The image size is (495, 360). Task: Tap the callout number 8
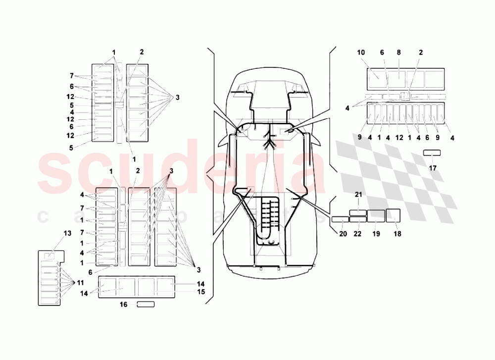click(x=398, y=52)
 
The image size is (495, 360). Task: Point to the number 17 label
click(x=433, y=168)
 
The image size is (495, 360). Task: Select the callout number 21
click(x=358, y=195)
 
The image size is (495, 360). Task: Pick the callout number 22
click(x=358, y=234)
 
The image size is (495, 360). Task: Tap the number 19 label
click(x=376, y=234)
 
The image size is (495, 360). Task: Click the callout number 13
click(x=67, y=233)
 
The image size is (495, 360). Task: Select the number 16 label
click(x=124, y=305)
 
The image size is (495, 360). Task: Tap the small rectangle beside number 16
click(x=146, y=305)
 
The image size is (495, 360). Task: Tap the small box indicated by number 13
click(x=49, y=256)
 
